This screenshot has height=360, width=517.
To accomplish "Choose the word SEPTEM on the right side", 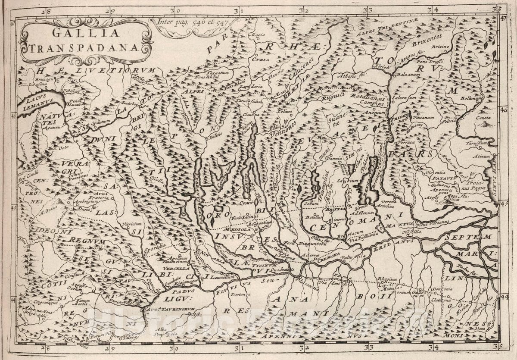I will [468, 237].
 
